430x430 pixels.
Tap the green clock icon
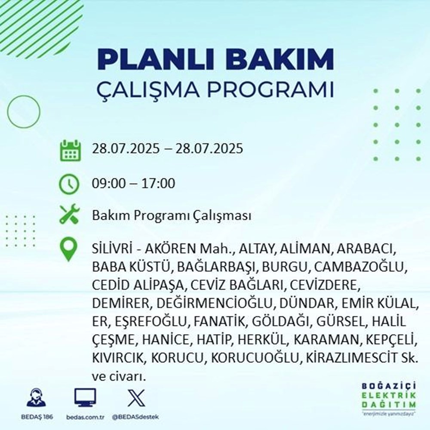tap(69, 184)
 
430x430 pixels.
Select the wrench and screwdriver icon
tap(69, 215)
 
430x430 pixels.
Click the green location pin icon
tap(69, 250)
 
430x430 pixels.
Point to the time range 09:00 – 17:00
tap(133, 184)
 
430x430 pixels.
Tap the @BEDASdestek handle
tap(135, 418)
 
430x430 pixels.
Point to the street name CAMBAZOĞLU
tap(360, 267)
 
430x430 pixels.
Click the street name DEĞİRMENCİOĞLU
tap(216, 304)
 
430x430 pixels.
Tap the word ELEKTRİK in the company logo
tap(389, 396)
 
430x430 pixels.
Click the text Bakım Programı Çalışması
tap(171, 215)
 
